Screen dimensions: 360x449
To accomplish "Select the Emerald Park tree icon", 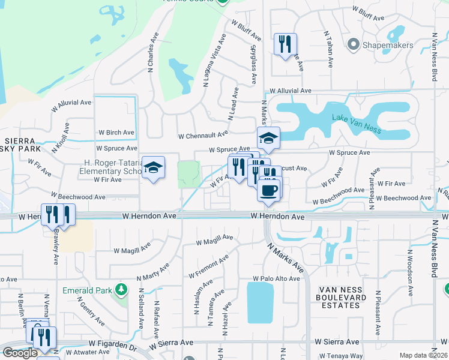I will tap(122, 290).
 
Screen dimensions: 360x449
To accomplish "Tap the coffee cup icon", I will tap(269, 190).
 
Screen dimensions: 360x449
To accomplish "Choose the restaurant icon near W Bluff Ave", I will tap(285, 44).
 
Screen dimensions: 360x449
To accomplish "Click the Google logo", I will tap(20, 353).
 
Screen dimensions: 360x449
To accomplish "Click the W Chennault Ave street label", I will tap(203, 135).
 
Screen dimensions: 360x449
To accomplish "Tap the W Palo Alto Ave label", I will tap(276, 279).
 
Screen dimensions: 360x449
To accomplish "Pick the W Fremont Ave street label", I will tap(208, 266).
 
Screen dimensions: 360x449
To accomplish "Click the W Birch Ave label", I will tap(116, 133).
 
